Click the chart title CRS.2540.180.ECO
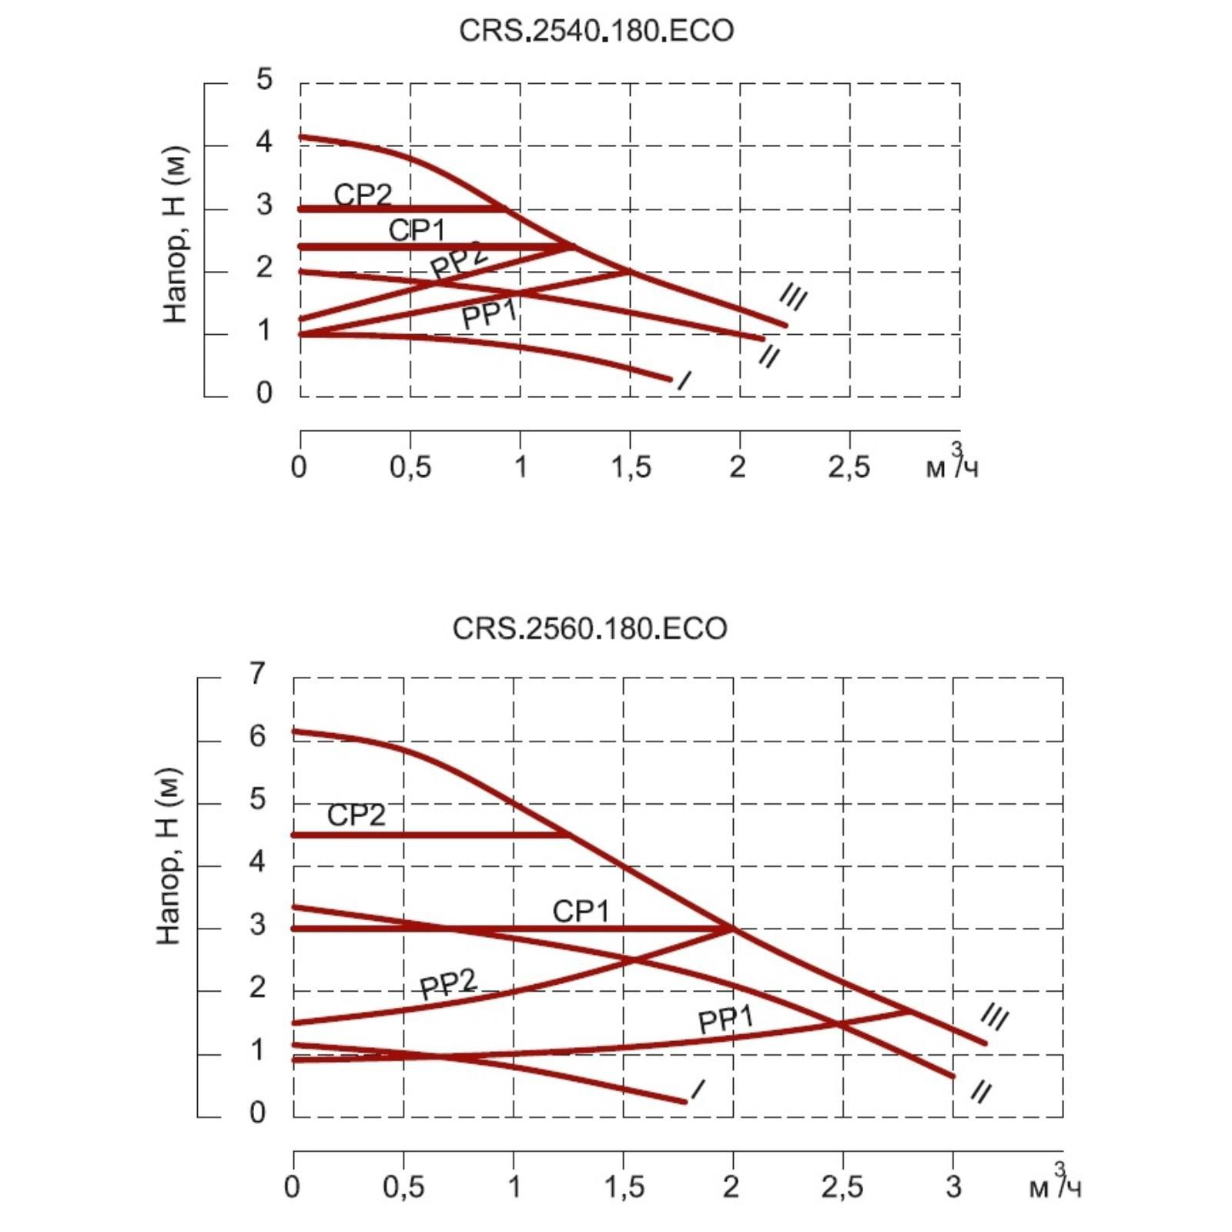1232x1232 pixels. click(596, 31)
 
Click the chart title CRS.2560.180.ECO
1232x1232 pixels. click(589, 628)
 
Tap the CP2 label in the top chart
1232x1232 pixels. click(363, 194)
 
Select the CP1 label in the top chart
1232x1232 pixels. click(417, 229)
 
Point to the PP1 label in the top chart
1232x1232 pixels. click(489, 314)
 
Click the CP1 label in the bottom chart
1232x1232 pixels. click(581, 911)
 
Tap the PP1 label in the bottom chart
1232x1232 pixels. click(725, 1019)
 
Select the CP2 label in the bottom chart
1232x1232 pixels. click(356, 815)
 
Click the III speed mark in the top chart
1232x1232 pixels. click(793, 296)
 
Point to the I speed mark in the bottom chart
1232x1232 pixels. click(698, 1090)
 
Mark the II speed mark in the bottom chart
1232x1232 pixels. click(980, 1092)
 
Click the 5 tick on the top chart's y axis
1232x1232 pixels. click(264, 79)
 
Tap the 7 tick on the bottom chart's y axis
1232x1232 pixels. click(257, 674)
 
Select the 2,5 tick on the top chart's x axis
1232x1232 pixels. click(849, 467)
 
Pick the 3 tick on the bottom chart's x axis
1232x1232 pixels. click(953, 1187)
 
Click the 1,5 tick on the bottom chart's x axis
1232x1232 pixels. click(624, 1187)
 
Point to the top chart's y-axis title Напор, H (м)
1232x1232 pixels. click(176, 234)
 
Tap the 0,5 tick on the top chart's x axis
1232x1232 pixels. click(410, 467)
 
